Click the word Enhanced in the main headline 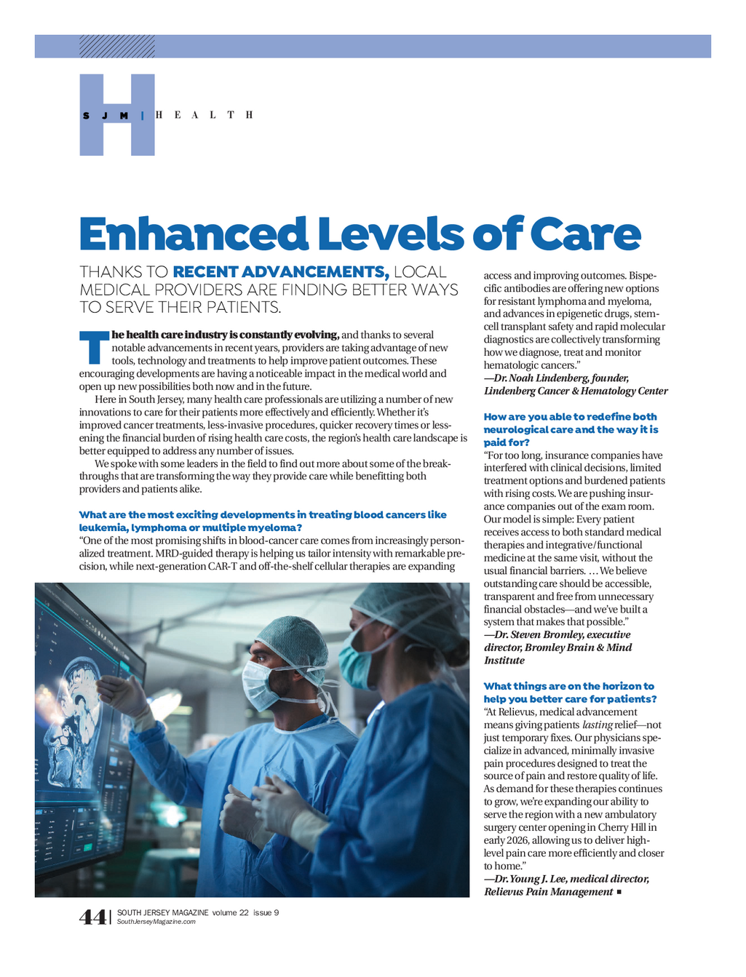click(194, 234)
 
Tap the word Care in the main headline click(585, 234)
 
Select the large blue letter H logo click(116, 115)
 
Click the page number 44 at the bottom click(92, 917)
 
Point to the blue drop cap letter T click(94, 348)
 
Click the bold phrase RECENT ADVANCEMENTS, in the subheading click(281, 272)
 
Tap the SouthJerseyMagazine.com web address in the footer click(156, 922)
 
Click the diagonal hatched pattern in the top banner click(116, 47)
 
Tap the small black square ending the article click(619, 892)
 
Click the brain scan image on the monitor click(73, 720)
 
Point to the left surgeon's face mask click(259, 684)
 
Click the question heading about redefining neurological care click(571, 429)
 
